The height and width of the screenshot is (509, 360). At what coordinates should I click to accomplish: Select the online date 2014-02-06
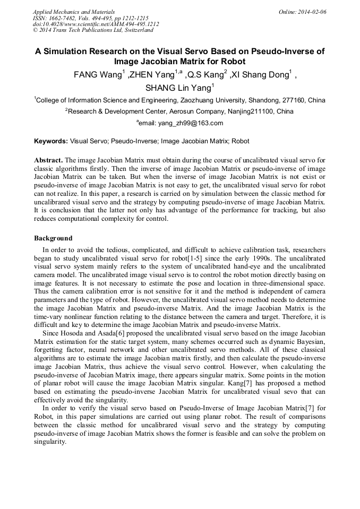(312, 11)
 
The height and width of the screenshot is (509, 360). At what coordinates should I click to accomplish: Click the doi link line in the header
(96, 24)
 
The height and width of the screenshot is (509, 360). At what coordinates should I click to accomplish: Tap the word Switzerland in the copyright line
(135, 30)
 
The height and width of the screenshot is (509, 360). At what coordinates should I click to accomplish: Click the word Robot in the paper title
(230, 62)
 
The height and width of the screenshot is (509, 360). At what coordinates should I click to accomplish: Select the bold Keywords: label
(51, 141)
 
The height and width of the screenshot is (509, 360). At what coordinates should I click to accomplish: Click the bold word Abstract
(48, 160)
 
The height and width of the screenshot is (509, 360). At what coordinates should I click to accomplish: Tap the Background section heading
(53, 238)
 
